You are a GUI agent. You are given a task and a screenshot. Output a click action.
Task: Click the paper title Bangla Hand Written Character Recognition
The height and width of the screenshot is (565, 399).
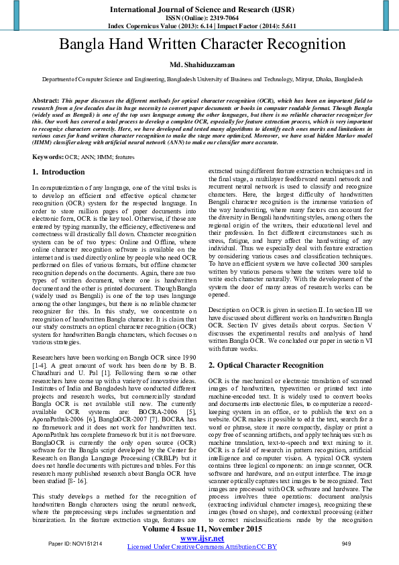202,45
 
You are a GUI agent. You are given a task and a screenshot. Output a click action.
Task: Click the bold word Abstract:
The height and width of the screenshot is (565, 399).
46,99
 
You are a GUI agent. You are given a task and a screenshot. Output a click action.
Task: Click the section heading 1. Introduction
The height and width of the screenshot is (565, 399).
59,172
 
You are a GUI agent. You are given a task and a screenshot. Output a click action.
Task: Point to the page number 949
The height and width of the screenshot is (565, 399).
346,542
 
